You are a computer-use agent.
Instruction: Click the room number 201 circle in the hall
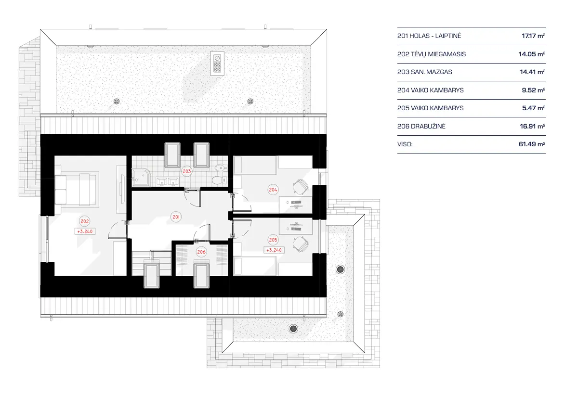point(176,217)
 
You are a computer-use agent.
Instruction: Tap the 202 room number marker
point(85,221)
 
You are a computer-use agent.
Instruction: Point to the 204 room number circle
point(273,190)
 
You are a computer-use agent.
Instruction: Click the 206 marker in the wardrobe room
point(201,252)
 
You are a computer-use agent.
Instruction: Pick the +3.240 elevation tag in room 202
point(85,231)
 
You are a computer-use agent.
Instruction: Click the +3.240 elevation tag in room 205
point(273,250)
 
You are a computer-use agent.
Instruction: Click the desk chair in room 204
point(301,185)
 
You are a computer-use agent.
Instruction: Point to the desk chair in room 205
point(301,243)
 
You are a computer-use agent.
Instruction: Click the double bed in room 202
point(77,189)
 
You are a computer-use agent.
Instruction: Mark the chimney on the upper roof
point(217,63)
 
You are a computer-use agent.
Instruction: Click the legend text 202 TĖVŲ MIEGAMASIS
point(432,54)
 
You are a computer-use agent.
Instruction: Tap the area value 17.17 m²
point(533,36)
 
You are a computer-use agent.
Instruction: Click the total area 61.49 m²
point(533,144)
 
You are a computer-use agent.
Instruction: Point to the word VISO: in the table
point(405,144)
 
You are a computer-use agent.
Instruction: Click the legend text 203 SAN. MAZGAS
point(425,72)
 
